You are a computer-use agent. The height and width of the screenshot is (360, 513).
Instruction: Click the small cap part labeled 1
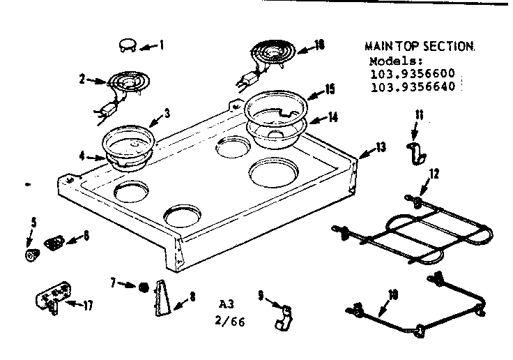click(x=128, y=45)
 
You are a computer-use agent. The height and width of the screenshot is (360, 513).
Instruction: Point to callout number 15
click(x=331, y=90)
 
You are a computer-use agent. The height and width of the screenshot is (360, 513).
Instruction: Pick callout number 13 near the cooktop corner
click(x=380, y=147)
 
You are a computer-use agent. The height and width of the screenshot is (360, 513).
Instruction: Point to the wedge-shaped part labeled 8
click(x=161, y=298)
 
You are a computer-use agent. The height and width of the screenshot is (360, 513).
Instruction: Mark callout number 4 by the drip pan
click(x=82, y=157)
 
